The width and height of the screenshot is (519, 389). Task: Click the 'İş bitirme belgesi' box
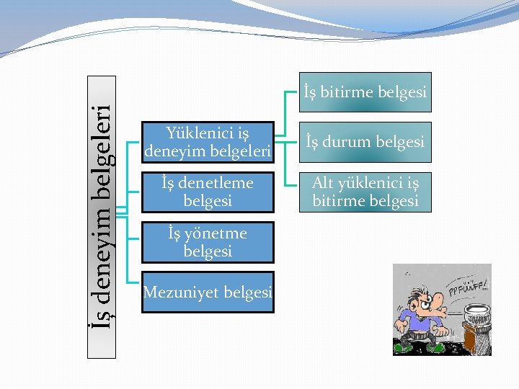tap(364, 92)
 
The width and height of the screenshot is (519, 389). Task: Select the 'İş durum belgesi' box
tap(364, 142)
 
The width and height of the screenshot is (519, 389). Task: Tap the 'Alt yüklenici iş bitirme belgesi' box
tap(364, 192)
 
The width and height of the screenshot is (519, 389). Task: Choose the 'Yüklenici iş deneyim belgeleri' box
tap(208, 142)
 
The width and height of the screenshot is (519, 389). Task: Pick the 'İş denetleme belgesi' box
tap(208, 192)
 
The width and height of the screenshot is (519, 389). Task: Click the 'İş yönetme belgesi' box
tap(208, 242)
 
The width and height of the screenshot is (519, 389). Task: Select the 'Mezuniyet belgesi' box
tap(208, 292)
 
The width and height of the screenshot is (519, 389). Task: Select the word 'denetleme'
tap(219, 184)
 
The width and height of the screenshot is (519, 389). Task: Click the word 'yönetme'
tap(216, 233)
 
